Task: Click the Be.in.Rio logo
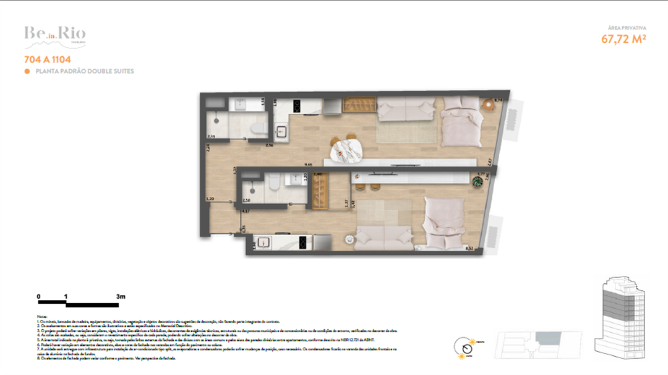(x=54, y=35)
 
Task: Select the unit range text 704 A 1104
(x=46, y=61)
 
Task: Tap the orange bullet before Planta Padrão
(x=27, y=72)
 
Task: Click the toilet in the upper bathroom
(x=259, y=128)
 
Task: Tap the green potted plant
(x=476, y=182)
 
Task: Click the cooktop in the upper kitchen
(x=296, y=106)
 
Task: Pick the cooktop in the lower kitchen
(x=302, y=243)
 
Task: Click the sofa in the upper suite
(x=406, y=110)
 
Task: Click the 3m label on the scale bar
(x=120, y=297)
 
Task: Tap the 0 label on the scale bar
(x=38, y=297)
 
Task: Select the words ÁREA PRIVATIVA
(x=628, y=28)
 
